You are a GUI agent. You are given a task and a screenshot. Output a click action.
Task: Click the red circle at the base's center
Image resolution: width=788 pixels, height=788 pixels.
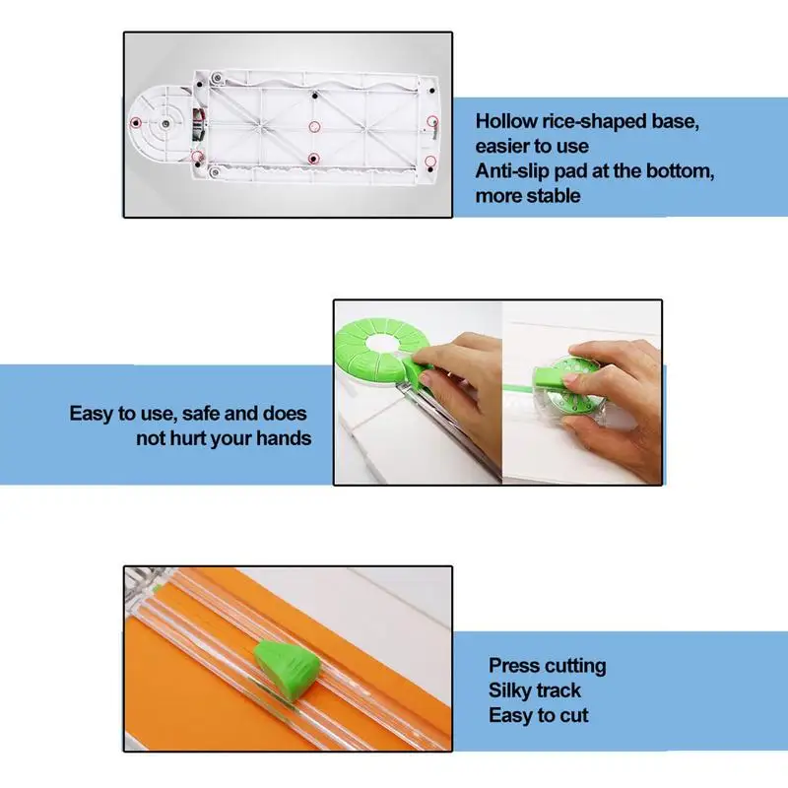314,127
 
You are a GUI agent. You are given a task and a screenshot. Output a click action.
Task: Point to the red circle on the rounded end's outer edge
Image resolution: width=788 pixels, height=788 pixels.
135,121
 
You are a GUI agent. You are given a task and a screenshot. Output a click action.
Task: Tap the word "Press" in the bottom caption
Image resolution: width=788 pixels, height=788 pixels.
516,666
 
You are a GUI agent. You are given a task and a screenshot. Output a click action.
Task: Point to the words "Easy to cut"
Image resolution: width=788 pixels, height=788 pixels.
538,716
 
